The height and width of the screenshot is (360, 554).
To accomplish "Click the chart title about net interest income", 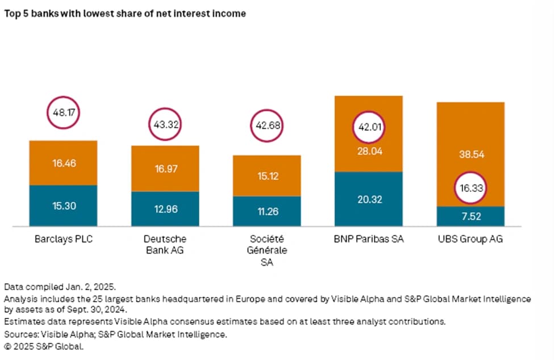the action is tap(124, 14).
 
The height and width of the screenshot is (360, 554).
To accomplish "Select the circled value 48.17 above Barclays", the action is tap(64, 112).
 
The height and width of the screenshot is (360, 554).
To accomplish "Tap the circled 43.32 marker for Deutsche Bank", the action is tap(165, 124).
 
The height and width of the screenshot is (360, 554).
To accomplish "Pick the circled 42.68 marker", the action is tap(267, 125).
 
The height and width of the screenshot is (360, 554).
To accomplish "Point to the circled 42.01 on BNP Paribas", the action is tap(369, 127).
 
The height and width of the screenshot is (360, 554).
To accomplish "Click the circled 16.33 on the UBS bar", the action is tap(470, 188).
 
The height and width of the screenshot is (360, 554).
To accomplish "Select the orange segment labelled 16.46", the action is tap(63, 163).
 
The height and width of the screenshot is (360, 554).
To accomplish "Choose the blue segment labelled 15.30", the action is tap(63, 206).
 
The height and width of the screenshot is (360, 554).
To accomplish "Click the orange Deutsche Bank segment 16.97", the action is tap(165, 169).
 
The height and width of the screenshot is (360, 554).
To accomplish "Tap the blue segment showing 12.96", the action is tap(165, 209).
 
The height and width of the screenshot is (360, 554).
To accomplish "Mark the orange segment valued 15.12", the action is tap(267, 176).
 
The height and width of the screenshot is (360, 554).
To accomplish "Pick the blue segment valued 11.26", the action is tap(267, 211).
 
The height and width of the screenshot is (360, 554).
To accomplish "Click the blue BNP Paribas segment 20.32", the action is tap(369, 199).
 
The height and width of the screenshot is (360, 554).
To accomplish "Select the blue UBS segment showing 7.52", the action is tap(470, 216).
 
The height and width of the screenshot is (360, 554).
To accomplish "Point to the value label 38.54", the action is tap(471, 154).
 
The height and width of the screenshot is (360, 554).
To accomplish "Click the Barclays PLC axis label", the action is tap(64, 239).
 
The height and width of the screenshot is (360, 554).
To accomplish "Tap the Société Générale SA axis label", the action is tap(266, 250).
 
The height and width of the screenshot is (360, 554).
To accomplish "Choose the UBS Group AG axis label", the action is tap(470, 239).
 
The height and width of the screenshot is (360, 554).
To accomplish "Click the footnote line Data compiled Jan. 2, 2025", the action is tap(60, 287).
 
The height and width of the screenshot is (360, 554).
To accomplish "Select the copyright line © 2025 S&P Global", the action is tap(44, 346).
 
